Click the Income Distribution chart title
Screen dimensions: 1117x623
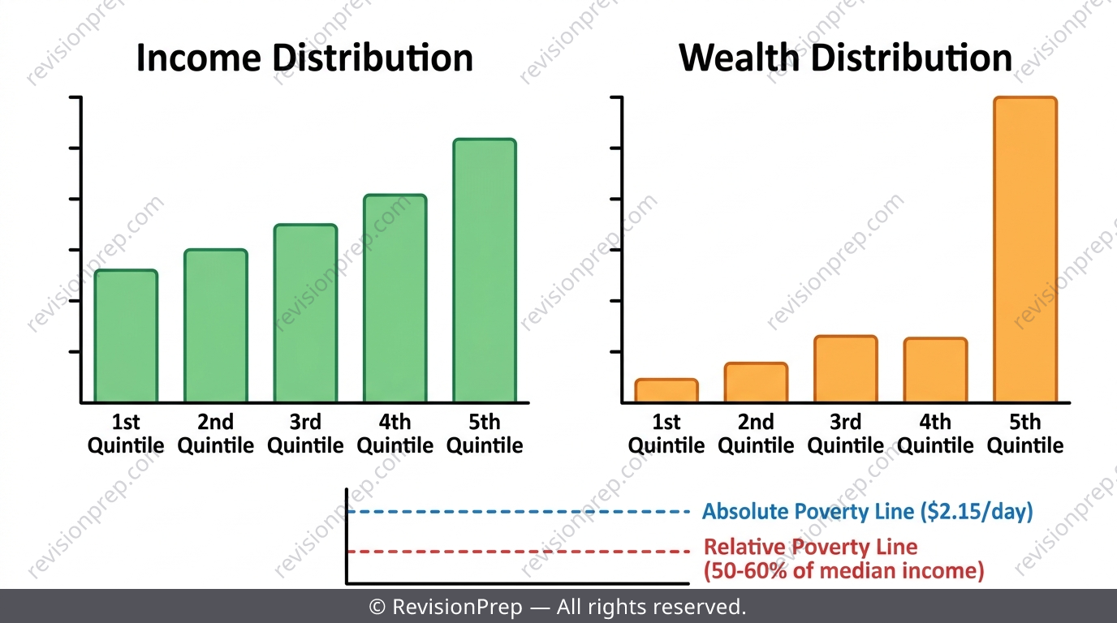[x=304, y=58]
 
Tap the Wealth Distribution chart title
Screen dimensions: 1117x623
[x=846, y=58]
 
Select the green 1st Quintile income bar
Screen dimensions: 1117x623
[x=126, y=336]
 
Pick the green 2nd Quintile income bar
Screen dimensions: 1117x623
[x=216, y=325]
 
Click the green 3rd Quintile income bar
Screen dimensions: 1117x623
[x=306, y=313]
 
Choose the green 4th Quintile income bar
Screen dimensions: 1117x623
[x=395, y=298]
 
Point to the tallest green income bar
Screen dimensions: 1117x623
[x=485, y=270]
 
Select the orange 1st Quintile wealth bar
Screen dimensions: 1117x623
[x=666, y=390]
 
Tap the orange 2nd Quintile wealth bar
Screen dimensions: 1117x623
[x=757, y=382]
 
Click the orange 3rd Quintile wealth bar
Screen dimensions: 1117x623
[x=846, y=369]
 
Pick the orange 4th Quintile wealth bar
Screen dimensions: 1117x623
[x=935, y=370]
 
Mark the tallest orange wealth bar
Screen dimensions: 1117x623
[x=1025, y=249]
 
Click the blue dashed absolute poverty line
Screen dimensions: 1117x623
[x=519, y=511]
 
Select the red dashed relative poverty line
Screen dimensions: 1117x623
[x=519, y=552]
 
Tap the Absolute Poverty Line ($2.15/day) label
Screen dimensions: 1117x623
[x=868, y=512]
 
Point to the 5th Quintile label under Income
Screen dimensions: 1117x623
[x=485, y=434]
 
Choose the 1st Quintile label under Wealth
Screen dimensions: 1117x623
[x=666, y=434]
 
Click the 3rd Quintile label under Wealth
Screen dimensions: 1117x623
[x=846, y=434]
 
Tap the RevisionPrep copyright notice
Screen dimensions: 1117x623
[x=558, y=607]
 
